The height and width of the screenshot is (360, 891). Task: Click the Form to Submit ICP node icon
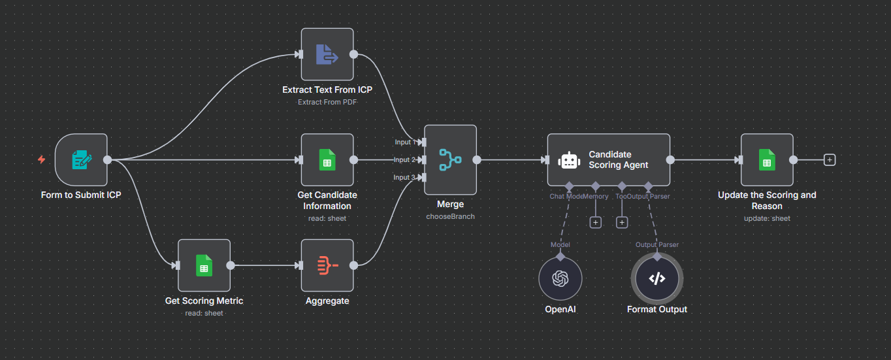pos(81,159)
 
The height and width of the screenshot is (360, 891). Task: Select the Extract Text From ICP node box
pos(327,54)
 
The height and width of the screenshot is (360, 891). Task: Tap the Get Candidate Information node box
pos(327,159)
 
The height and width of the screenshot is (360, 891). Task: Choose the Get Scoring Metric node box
pos(204,265)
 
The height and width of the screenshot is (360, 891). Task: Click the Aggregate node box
pos(327,265)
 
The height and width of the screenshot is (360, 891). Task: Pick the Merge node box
pos(450,159)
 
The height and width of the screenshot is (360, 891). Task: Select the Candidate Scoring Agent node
pos(608,159)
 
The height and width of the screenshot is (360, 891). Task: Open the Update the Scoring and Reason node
pos(767,159)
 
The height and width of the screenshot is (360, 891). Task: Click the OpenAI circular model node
pos(560,279)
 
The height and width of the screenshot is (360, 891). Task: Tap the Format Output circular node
pos(656,279)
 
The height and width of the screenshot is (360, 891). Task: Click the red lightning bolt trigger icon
pos(42,159)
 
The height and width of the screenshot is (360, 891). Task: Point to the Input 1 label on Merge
pos(403,142)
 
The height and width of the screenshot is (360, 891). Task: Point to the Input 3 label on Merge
pos(403,177)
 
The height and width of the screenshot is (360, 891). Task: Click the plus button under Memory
pos(595,222)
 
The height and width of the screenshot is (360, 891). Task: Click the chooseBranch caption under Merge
pos(450,216)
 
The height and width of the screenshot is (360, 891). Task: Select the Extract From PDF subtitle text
pos(327,102)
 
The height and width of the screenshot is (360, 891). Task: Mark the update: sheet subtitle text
pos(767,218)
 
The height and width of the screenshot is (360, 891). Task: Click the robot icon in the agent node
pos(569,160)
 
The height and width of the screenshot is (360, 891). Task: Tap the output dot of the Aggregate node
pos(353,265)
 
